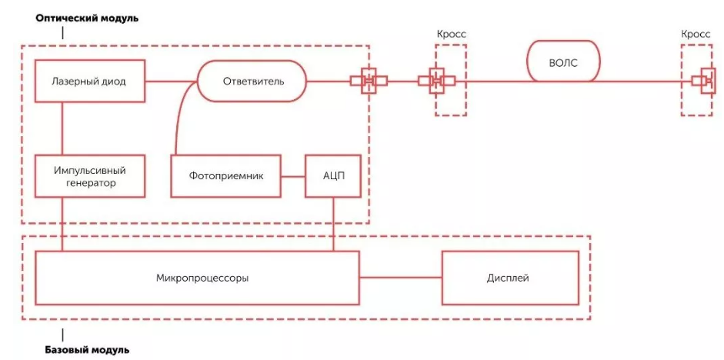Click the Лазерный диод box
coord(90,81)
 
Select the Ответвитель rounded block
coord(252,81)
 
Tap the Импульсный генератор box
coord(90,176)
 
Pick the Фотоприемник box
coord(226,176)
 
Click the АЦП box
coord(332,176)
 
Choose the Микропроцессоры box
coord(197,277)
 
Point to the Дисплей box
coord(509,277)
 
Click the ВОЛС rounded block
coord(563,62)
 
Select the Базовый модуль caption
coord(82,351)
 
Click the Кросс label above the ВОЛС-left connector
coord(450,35)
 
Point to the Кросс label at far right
coord(696,35)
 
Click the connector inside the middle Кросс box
coord(436,81)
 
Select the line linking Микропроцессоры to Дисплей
coord(400,277)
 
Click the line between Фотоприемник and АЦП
coord(293,176)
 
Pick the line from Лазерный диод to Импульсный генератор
coord(63,128)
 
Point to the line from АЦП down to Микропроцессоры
coord(332,224)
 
